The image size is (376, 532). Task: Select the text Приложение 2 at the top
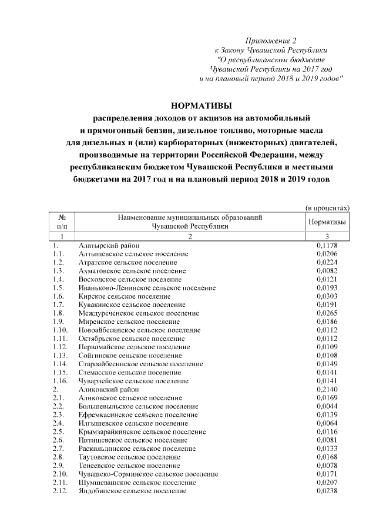[x=271, y=41]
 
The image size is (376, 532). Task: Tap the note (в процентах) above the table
[x=327, y=207]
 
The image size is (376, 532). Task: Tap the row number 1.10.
[x=60, y=330]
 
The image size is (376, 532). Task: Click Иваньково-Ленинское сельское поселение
[x=147, y=287]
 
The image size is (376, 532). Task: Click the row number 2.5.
[x=58, y=431]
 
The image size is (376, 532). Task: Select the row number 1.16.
[x=60, y=380]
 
